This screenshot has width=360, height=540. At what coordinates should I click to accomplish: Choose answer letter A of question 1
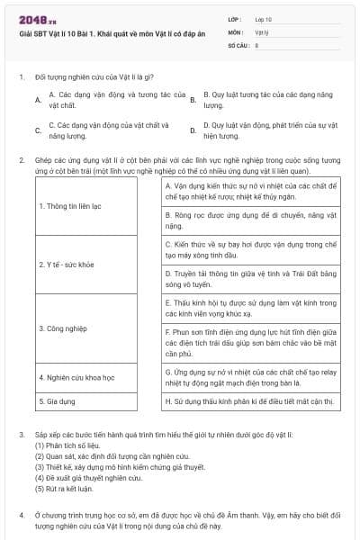click(x=37, y=99)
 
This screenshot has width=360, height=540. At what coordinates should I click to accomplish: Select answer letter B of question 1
click(x=193, y=99)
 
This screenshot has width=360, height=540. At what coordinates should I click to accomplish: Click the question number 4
click(x=21, y=515)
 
